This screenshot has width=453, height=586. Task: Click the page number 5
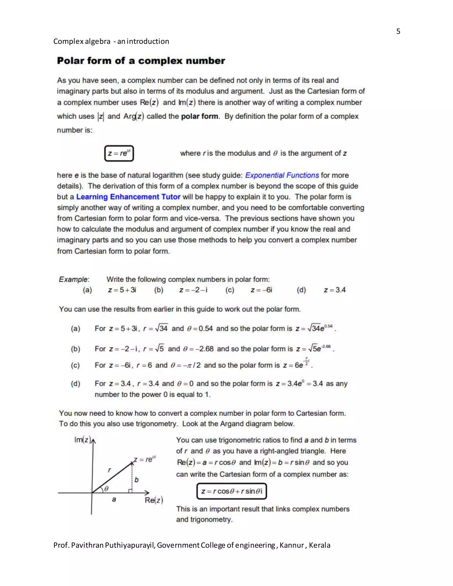point(398,31)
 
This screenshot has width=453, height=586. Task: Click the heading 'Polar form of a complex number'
point(141,61)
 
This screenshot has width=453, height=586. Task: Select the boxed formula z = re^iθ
point(119,153)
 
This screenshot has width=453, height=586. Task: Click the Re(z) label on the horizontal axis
point(154,500)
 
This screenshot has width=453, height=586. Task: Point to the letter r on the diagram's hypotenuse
point(109,470)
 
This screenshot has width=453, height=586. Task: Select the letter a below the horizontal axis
point(114,499)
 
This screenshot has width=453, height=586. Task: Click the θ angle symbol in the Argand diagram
point(106,489)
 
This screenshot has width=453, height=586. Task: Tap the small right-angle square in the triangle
point(130,491)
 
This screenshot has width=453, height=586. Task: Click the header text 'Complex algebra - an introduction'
point(111,41)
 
